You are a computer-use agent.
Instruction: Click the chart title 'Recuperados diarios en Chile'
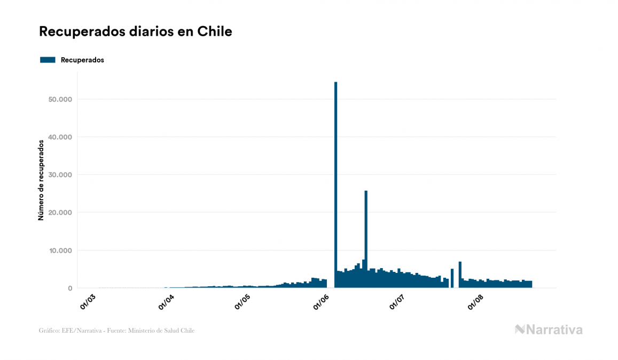click(136, 32)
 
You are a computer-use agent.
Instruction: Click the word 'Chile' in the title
click(215, 32)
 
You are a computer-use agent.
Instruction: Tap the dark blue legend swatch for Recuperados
click(48, 60)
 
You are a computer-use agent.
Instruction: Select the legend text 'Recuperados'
click(82, 60)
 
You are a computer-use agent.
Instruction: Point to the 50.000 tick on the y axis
click(59, 99)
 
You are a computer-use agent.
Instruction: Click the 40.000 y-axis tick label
click(59, 137)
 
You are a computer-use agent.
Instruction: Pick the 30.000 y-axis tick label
click(59, 175)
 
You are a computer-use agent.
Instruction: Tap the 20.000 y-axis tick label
click(59, 213)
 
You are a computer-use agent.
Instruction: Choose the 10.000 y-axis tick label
click(59, 251)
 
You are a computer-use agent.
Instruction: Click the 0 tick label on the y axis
click(69, 288)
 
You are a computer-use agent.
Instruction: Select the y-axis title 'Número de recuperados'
click(41, 181)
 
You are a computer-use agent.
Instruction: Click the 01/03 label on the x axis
click(88, 301)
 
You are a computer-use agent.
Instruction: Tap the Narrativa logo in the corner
click(549, 330)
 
